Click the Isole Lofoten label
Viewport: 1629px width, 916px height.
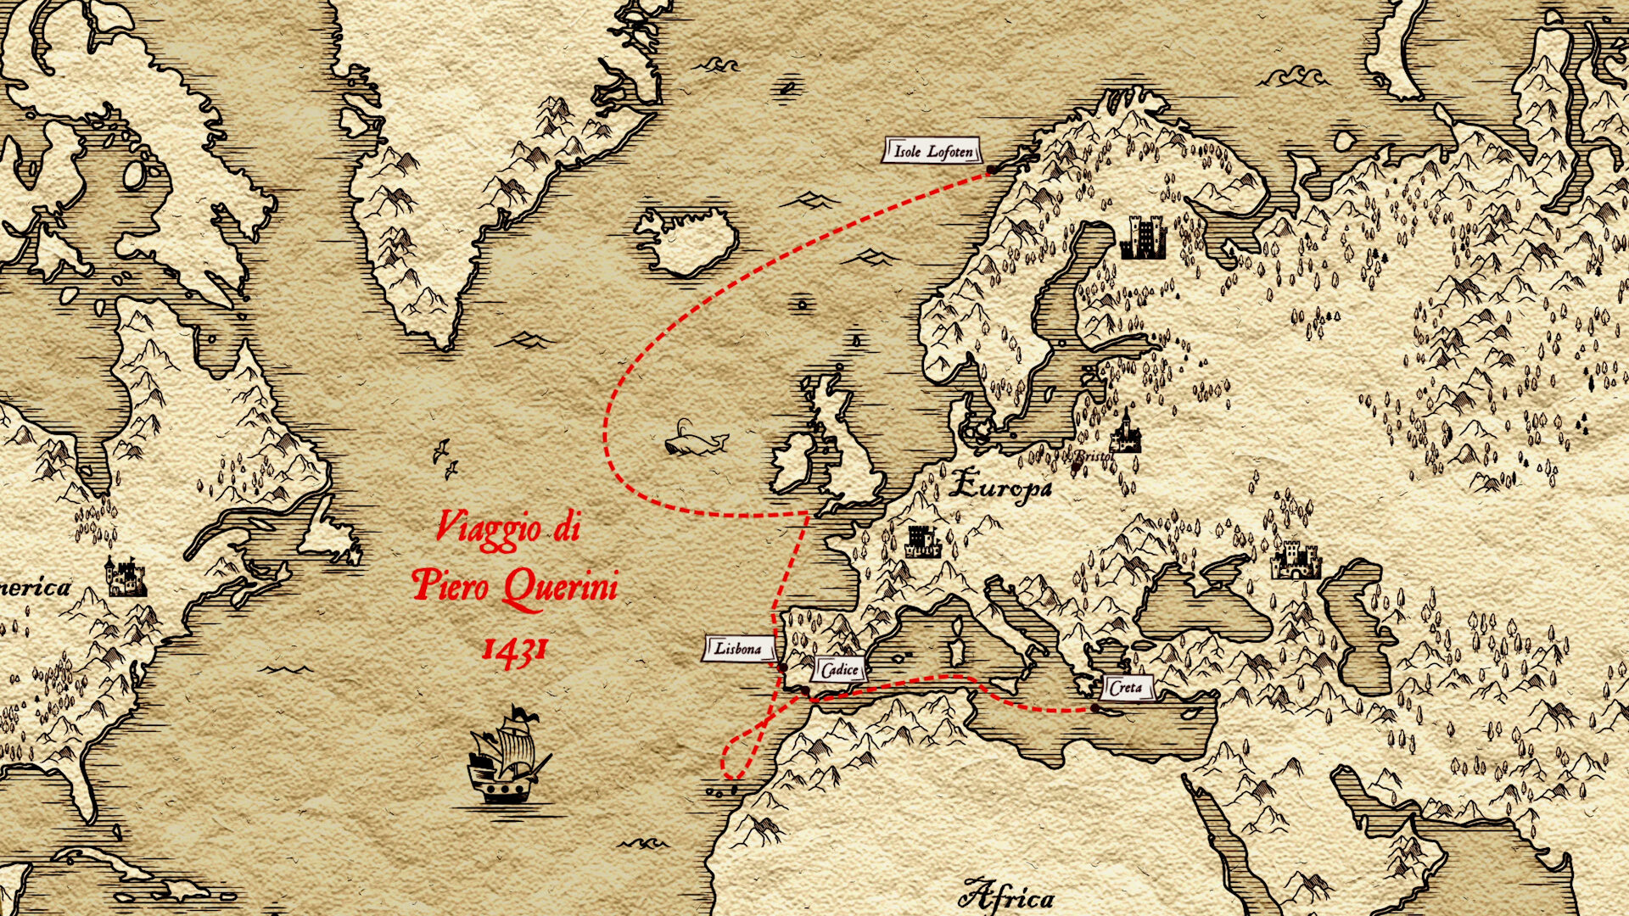tap(932, 152)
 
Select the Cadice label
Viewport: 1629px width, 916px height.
tap(840, 670)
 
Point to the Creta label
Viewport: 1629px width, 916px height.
tap(1126, 687)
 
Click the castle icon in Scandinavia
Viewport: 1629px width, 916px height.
tap(1143, 237)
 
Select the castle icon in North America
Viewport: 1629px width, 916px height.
tap(125, 578)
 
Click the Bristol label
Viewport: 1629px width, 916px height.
tap(1093, 456)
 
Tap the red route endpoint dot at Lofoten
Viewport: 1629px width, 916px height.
tap(989, 172)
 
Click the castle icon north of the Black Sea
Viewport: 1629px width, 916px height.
tap(1295, 561)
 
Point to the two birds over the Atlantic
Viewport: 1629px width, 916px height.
tap(445, 458)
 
